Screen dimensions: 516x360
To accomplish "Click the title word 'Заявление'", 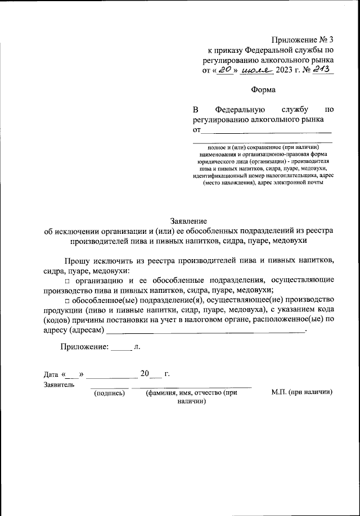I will [x=189, y=221].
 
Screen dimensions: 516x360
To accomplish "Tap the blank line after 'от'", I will [x=267, y=130].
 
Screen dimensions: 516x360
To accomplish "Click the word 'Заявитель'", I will [x=58, y=385].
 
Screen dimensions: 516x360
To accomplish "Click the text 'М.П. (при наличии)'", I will [x=301, y=393].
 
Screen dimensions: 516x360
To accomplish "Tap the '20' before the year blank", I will [x=145, y=373].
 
